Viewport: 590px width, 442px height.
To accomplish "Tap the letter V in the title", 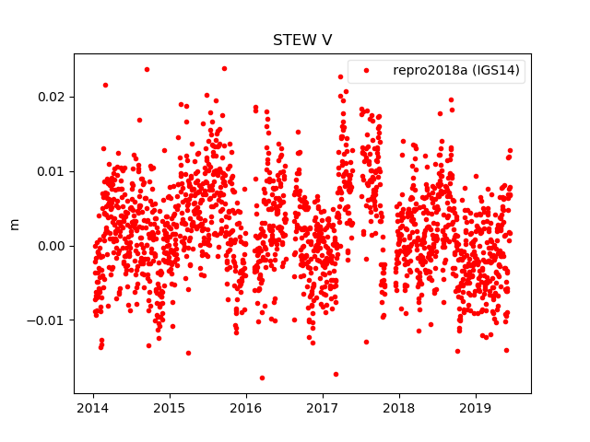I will (326, 41).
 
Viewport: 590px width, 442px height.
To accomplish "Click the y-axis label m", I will (14, 224).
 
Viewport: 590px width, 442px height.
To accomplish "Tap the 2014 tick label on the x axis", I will (93, 408).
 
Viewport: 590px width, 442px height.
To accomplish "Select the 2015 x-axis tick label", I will (170, 408).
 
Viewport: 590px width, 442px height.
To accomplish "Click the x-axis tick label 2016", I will (246, 408).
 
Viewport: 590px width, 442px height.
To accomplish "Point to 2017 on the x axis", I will (323, 408).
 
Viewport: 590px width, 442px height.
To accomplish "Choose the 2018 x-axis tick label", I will (399, 408).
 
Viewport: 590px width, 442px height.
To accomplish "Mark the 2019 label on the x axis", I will (476, 408).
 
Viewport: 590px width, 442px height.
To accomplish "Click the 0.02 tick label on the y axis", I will (49, 97).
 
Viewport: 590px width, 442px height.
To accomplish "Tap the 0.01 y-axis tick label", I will (49, 171).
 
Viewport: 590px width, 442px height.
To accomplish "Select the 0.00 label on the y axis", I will (49, 246).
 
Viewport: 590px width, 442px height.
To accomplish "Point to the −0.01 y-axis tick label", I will (45, 320).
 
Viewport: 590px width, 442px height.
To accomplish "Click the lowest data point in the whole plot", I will (262, 378).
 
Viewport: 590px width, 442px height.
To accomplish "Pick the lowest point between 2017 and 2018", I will (336, 374).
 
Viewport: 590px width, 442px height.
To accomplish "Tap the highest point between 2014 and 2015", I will (147, 69).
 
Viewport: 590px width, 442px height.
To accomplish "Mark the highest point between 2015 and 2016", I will (224, 68).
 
